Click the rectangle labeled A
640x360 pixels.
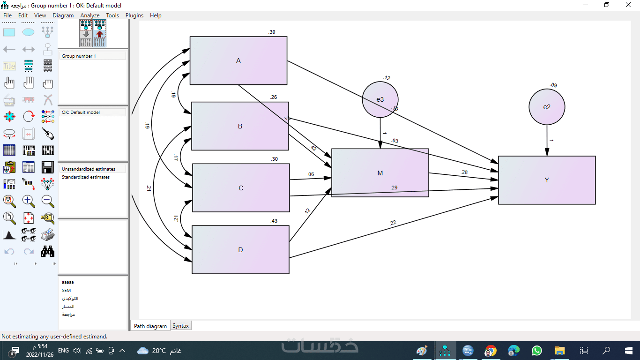pyautogui.click(x=238, y=60)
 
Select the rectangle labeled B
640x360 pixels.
pyautogui.click(x=240, y=126)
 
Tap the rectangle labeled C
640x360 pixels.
pyautogui.click(x=241, y=188)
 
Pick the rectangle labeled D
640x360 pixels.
pyautogui.click(x=240, y=250)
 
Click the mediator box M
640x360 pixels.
pyautogui.click(x=380, y=173)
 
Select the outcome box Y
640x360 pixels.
pyautogui.click(x=547, y=180)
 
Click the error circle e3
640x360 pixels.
pyautogui.click(x=380, y=99)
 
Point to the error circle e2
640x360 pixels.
pyautogui.click(x=547, y=107)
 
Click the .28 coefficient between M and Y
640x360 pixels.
pyautogui.click(x=464, y=172)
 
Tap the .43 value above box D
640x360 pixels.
pyautogui.click(x=274, y=221)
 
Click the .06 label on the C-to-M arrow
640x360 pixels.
pyautogui.click(x=311, y=174)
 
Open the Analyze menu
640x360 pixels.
pyautogui.click(x=89, y=15)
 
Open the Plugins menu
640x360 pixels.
pyautogui.click(x=134, y=15)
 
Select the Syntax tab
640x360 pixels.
pyautogui.click(x=180, y=326)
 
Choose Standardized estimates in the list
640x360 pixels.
pyautogui.click(x=86, y=177)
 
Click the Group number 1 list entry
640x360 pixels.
pyautogui.click(x=79, y=56)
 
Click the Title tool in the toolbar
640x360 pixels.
pyautogui.click(x=9, y=67)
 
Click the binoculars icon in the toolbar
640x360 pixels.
pyautogui.click(x=48, y=252)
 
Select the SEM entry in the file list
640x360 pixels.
pyautogui.click(x=66, y=291)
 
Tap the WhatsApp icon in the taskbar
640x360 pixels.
pyautogui.click(x=536, y=351)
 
